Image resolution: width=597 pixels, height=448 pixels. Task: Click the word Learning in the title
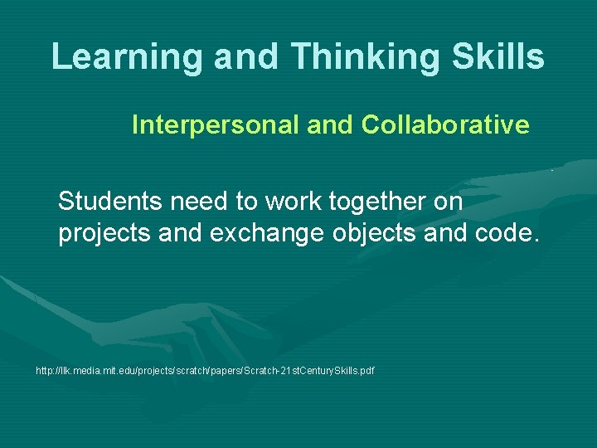pos(127,56)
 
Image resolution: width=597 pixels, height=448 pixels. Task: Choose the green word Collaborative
pos(445,125)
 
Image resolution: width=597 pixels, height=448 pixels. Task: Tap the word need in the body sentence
pos(201,202)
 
